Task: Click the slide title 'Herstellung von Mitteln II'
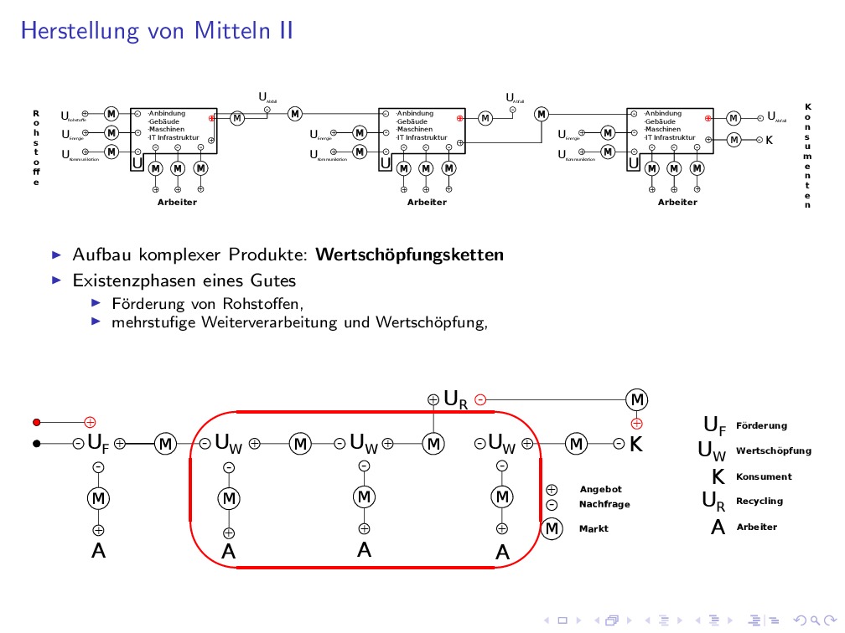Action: [157, 31]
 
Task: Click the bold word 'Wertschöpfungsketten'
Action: [411, 254]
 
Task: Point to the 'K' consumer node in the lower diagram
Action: [636, 445]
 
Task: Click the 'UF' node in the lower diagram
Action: [98, 444]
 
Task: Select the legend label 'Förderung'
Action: [761, 425]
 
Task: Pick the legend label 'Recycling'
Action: [759, 501]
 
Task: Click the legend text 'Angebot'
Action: [600, 489]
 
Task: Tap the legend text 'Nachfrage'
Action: [604, 504]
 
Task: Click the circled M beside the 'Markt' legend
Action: [552, 528]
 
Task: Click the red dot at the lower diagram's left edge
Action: [37, 422]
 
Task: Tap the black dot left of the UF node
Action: [37, 444]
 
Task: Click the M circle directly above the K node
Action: [637, 399]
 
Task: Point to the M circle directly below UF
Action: [98, 498]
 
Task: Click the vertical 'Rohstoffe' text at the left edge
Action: [36, 148]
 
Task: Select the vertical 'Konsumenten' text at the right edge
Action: [808, 156]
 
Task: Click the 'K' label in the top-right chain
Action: [769, 139]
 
